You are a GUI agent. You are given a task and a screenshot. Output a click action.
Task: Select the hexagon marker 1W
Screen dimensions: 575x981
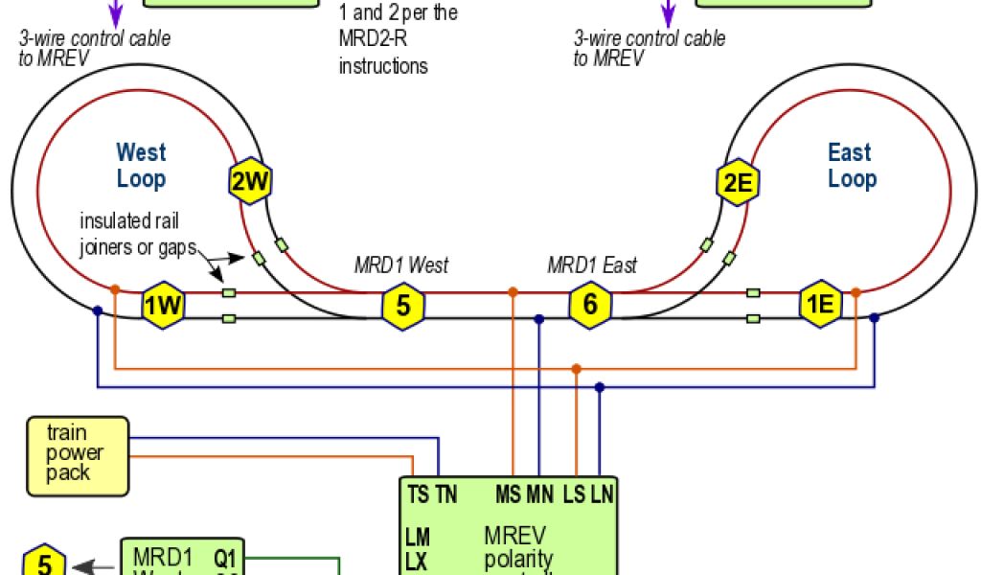163,307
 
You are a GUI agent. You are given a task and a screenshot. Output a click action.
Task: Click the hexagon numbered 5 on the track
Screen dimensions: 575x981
403,306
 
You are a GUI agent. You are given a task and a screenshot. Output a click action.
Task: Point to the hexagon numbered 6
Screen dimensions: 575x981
590,306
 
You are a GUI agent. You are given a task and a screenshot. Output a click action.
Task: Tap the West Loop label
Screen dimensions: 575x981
141,165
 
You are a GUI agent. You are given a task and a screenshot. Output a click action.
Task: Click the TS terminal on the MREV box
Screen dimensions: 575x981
418,495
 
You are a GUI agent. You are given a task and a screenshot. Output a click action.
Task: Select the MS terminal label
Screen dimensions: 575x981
508,495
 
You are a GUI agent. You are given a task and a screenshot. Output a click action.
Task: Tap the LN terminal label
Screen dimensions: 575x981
601,495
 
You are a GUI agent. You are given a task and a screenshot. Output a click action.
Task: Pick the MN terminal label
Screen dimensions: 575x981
539,495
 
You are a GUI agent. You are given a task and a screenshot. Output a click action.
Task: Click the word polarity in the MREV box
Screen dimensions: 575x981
518,559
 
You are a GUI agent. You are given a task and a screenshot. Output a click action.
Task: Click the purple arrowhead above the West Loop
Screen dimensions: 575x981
116,17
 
